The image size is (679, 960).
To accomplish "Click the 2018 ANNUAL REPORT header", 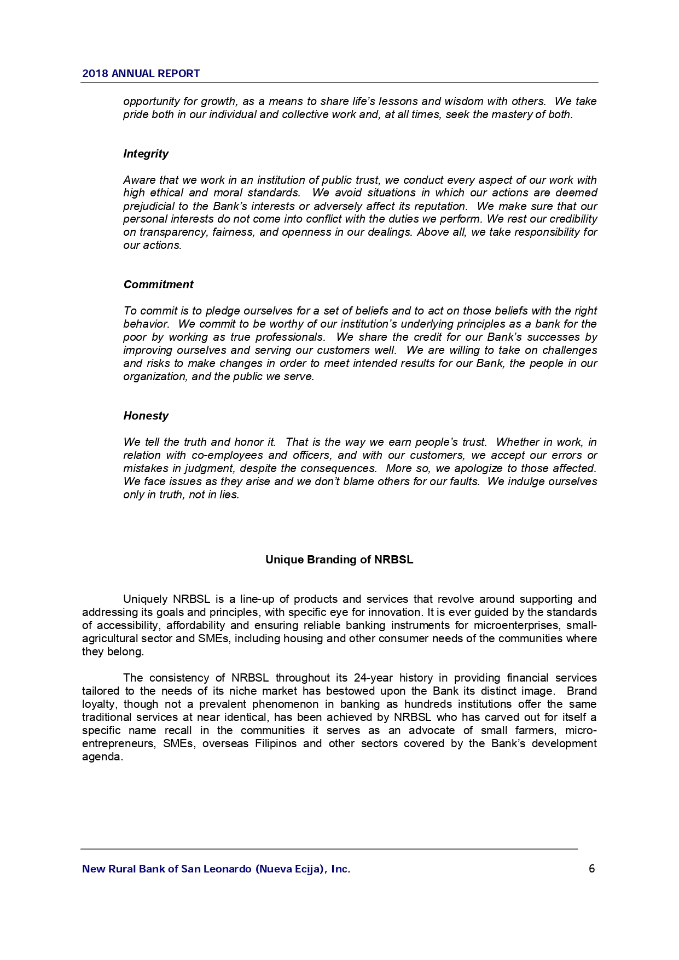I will pos(141,74).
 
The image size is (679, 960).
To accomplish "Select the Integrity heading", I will pos(146,154).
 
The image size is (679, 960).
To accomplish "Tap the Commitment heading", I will pos(158,284).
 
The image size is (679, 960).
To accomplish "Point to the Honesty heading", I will pos(146,416).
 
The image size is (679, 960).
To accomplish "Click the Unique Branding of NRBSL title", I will pos(339,560).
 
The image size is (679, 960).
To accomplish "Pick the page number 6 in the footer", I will pos(591,869).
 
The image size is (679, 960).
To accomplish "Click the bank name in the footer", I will pos(216,869).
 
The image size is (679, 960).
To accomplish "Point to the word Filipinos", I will pos(276,743).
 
